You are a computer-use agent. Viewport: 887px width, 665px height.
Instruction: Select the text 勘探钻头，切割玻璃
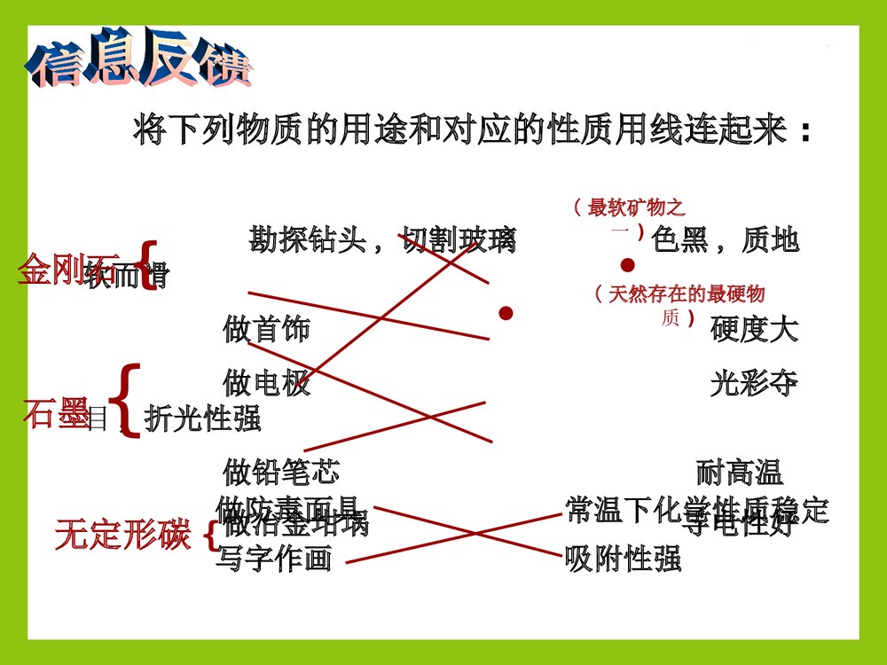point(381,239)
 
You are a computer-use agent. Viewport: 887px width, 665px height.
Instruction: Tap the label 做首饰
point(266,330)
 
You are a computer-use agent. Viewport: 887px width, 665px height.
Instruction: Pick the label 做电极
point(266,383)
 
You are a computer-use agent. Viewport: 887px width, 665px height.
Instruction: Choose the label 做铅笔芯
point(280,472)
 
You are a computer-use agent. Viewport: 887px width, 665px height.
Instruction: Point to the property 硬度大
point(754,330)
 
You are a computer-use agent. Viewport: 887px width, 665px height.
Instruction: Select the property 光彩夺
point(754,383)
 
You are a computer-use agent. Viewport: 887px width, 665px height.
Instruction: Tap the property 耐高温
point(740,472)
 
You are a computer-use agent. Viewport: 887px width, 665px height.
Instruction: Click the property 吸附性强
point(623,559)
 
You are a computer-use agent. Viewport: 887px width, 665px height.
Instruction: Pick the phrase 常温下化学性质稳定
point(696,509)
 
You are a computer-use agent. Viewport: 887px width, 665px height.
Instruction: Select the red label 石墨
point(55,415)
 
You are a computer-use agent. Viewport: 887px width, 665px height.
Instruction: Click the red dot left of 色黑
point(628,265)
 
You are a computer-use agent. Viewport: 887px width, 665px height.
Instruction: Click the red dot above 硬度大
point(506,312)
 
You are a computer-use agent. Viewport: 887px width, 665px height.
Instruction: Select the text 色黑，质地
point(725,239)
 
